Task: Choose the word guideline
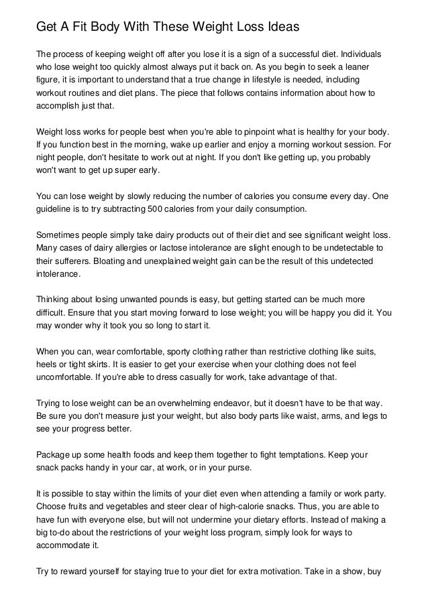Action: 56,209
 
